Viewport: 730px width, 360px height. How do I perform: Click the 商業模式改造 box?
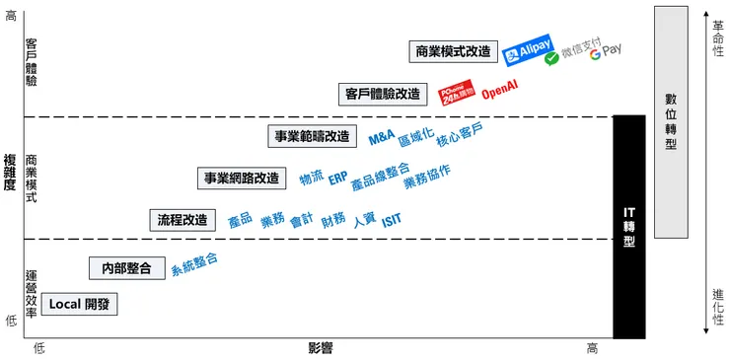tap(453, 51)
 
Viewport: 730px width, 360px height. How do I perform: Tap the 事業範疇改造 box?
tap(311, 136)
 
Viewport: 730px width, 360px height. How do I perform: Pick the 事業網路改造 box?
tap(242, 179)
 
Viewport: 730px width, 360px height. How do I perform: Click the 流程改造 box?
tap(182, 219)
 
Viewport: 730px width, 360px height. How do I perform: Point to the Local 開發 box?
tap(79, 304)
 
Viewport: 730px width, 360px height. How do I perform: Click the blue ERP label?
tap(337, 179)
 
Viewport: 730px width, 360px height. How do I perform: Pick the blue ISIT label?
tap(393, 219)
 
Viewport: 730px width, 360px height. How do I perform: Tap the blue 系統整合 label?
tap(193, 263)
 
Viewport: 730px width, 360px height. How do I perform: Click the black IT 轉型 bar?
tap(629, 227)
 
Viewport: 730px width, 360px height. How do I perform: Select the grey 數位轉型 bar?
tap(671, 121)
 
